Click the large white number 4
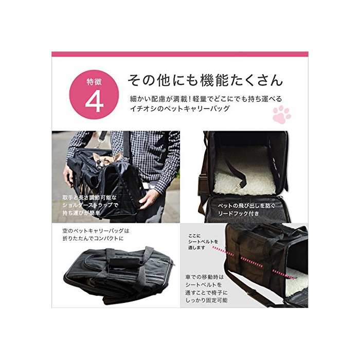pos(94,101)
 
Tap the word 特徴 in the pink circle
pos(94,81)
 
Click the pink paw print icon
pos(282,114)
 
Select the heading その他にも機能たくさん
pos(205,80)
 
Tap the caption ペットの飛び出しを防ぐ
pos(246,206)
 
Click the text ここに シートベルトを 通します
pos(203,242)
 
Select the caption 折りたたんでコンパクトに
pos(93,238)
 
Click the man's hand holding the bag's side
pos(149,199)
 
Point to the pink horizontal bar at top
pos(180,54)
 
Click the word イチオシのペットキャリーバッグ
pos(180,109)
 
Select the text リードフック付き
pos(239,213)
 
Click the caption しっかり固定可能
pos(206,300)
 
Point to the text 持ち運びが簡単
pos(81,213)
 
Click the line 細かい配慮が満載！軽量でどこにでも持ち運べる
pos(206,99)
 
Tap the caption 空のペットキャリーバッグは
pos(96,230)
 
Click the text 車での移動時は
pos(204,277)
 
